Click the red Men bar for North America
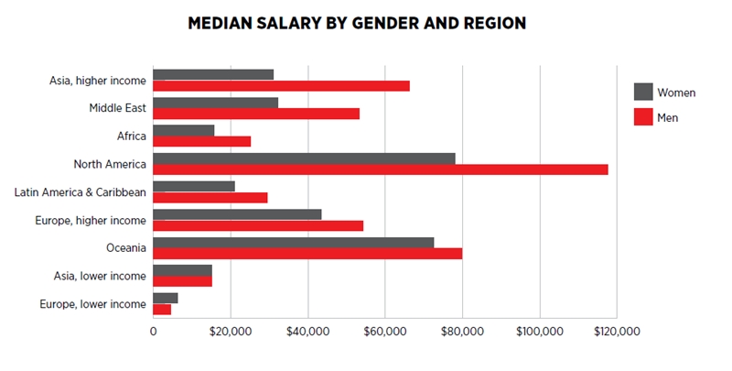[380, 169]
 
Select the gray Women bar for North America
[304, 158]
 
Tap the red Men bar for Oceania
[307, 253]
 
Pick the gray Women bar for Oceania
[293, 242]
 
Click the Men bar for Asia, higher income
[281, 86]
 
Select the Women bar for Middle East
[215, 103]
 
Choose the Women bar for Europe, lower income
[165, 298]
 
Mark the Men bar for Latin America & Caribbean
[210, 197]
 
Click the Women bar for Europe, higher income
[237, 214]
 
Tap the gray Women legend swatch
[643, 92]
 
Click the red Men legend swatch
[643, 117]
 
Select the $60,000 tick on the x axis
[385, 332]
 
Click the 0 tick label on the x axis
[153, 332]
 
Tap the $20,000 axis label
[231, 332]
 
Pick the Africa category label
[129, 136]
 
